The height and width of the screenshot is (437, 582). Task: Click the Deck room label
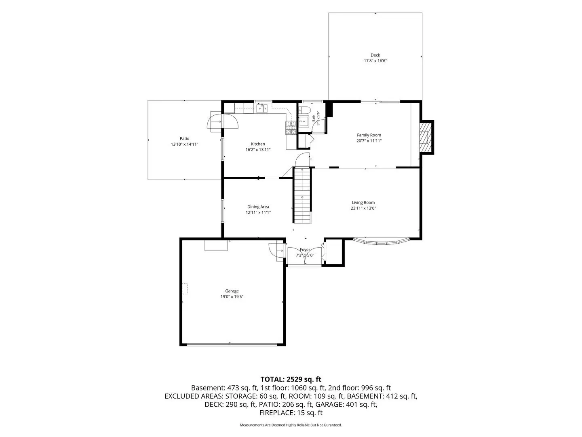pos(375,55)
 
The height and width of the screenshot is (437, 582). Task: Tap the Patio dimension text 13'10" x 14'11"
pos(185,144)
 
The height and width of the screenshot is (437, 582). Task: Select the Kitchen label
pos(258,144)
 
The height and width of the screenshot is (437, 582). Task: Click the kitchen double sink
pos(262,108)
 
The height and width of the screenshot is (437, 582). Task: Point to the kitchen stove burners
pos(291,128)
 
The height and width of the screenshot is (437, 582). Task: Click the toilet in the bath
pos(304,110)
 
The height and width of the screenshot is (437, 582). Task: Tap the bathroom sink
pos(304,121)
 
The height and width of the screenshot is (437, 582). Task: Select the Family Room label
pos(369,135)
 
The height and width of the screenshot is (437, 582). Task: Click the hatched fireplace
pos(425,137)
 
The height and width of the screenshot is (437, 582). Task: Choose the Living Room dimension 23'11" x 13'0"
pos(363,208)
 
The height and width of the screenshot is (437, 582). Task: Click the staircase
pos(302,195)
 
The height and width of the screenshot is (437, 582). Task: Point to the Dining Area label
pos(258,207)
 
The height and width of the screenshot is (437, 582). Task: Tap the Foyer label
pos(305,250)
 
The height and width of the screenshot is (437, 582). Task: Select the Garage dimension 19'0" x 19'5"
pos(232,297)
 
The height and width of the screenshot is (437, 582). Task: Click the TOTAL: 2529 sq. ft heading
pos(291,379)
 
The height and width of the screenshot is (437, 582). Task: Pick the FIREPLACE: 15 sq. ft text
pos(291,413)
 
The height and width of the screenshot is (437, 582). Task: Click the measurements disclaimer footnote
pos(291,425)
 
